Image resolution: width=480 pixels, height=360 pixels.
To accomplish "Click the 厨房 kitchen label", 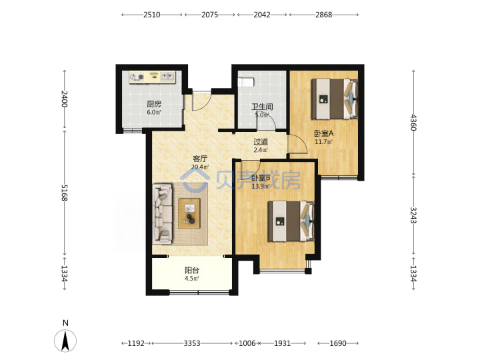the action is pos(154,104).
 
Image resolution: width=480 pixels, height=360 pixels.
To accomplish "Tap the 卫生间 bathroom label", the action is pos(262,107).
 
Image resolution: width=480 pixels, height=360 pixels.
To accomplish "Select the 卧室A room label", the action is pos(324,133).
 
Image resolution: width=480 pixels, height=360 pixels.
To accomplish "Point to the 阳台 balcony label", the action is pos(192,270).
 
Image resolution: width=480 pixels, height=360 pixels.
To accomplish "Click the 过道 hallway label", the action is pos(261,142).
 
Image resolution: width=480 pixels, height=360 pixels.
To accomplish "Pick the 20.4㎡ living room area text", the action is pos(200,167).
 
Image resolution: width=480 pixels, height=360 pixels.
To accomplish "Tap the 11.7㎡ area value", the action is pos(324,142).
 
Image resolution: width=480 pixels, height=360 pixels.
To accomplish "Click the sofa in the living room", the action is pos(163,214).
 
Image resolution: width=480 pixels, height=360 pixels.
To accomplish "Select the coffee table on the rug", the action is pos(189,213).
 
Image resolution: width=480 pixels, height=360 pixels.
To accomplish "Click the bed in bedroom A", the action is pos(334,99).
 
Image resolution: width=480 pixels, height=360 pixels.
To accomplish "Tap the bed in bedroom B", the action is pos(291,221).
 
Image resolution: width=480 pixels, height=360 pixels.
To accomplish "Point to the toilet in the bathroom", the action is pos(246,83).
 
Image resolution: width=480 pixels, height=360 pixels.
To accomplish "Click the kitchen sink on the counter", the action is pos(167,77).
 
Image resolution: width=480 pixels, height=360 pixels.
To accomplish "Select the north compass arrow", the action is pos(65,341).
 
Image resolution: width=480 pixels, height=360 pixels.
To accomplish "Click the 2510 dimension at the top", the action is pos(152,15).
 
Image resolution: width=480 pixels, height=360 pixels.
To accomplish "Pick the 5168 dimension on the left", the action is pos(64,193).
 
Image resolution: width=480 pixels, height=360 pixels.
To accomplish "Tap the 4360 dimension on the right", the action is pos(413,122).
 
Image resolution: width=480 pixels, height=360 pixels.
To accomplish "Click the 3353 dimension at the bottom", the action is pos(192,343).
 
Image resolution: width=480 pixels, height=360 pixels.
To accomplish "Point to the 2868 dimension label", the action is pos(324,15).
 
